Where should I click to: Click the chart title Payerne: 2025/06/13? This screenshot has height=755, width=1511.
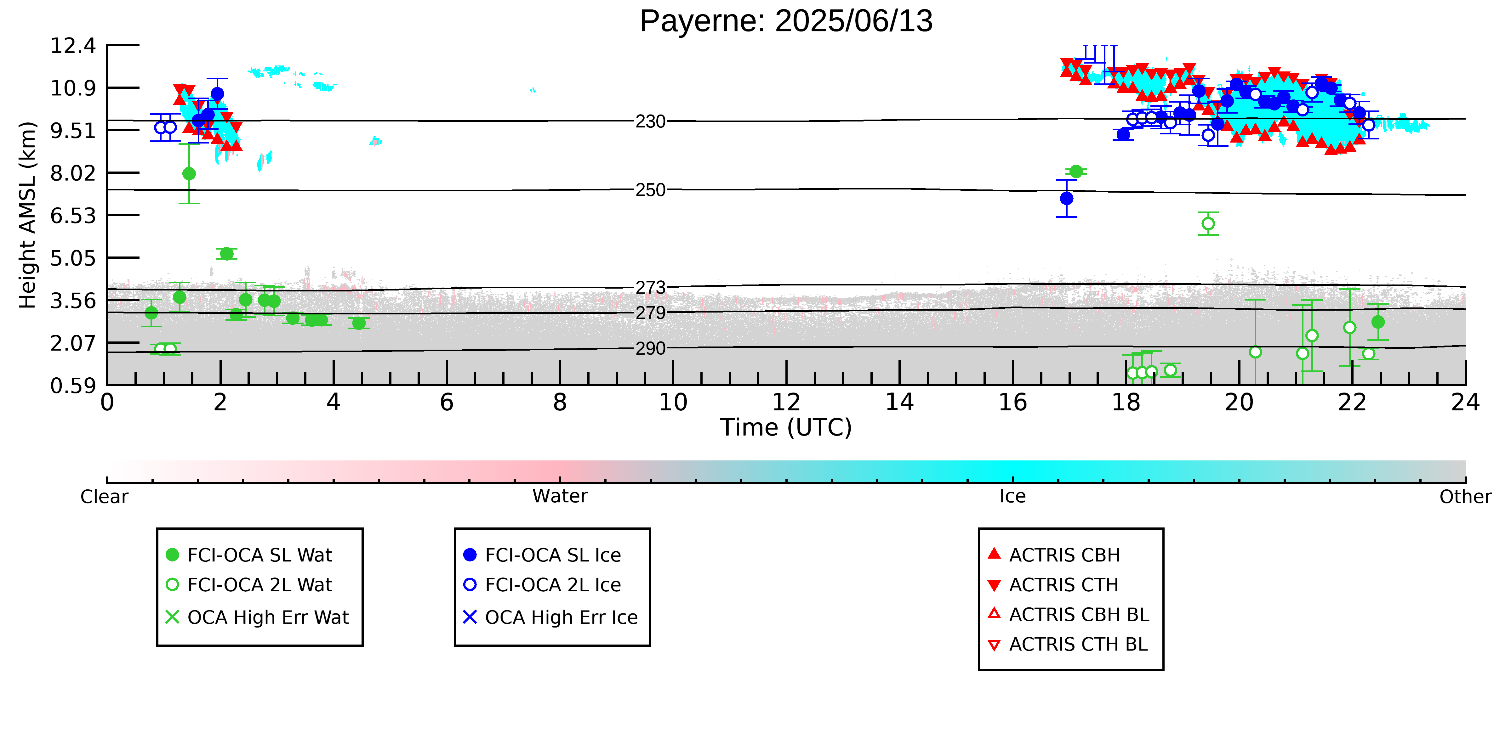click(786, 21)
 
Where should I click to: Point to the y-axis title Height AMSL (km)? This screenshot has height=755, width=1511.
click(28, 215)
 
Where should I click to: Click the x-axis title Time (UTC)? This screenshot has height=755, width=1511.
click(786, 427)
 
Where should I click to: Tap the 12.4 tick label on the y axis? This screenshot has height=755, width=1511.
click(73, 46)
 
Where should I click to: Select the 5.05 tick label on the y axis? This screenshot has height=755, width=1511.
click(73, 258)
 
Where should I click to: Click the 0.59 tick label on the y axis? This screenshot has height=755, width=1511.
click(73, 386)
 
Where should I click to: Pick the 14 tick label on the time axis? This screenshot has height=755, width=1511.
click(899, 402)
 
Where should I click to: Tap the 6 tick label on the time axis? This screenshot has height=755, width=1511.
click(447, 402)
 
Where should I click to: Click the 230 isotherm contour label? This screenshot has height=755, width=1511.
click(651, 122)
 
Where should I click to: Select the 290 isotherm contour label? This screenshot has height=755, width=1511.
click(651, 349)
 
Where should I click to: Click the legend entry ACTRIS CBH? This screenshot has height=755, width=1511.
click(1054, 555)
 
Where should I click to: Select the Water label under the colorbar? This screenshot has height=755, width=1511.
click(560, 497)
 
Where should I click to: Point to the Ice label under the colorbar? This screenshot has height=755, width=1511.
click(1013, 497)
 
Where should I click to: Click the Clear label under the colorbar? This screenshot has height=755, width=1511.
click(105, 497)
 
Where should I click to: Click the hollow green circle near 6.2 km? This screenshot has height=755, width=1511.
click(1208, 224)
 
